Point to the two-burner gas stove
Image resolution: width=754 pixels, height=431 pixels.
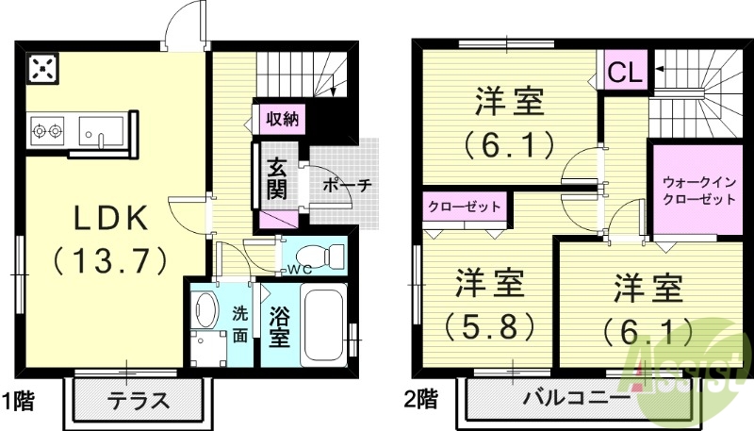[x=46, y=128]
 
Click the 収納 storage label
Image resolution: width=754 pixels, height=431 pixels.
[x=281, y=119]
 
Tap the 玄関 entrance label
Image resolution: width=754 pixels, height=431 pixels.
[x=276, y=178]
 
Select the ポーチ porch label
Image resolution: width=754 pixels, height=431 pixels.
[x=347, y=185]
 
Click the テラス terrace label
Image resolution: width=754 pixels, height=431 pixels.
[x=138, y=398]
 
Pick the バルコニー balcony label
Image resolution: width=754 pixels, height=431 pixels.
[x=577, y=399]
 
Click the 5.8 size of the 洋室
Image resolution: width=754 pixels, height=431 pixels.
[x=490, y=325]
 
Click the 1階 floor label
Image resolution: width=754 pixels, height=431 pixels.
[x=20, y=399]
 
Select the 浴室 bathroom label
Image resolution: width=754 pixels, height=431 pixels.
[x=279, y=325]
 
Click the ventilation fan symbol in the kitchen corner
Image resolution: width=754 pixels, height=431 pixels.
[x=43, y=69]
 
